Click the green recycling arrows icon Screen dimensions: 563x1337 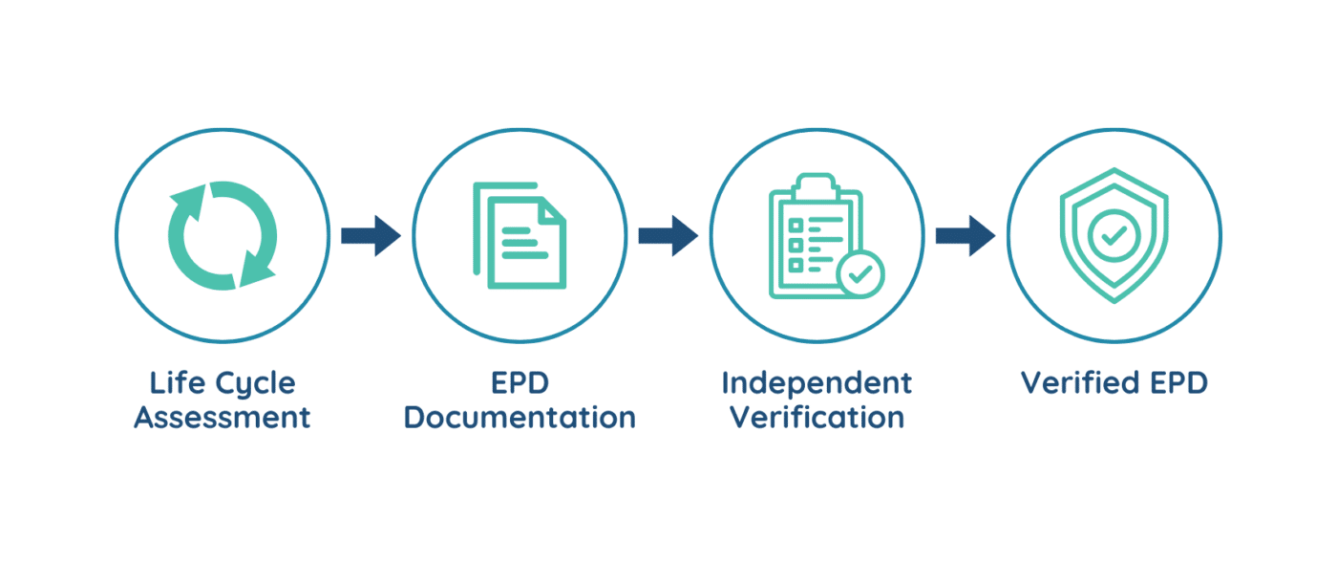point(222,235)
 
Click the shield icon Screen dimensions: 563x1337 point(1114,235)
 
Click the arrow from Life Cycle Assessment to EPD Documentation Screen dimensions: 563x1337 point(371,236)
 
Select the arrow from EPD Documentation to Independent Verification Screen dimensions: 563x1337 point(668,236)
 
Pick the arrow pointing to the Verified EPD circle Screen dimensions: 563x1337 point(965,236)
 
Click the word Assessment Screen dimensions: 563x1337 point(222,418)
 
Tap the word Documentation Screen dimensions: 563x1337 point(520,418)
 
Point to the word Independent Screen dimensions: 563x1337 point(817,383)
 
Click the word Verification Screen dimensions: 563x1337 point(817,418)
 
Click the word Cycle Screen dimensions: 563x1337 point(253,383)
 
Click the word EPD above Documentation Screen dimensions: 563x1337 point(520,383)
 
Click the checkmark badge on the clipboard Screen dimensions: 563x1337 point(860,274)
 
